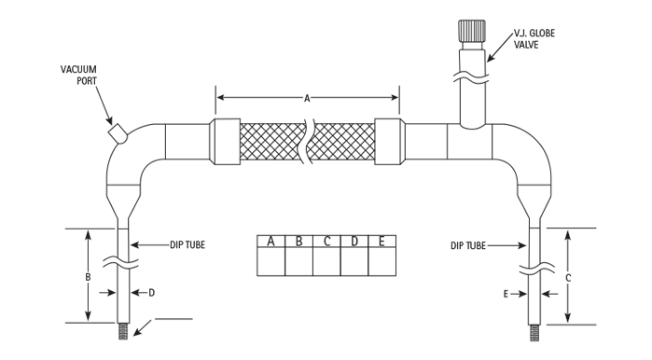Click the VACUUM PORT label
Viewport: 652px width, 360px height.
[78, 76]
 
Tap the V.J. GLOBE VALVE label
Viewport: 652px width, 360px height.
[534, 39]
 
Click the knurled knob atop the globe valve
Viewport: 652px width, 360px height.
[472, 31]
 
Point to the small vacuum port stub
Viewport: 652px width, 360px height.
[118, 133]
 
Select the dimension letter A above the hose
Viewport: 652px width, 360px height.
[307, 99]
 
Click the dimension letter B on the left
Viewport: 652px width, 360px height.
[89, 277]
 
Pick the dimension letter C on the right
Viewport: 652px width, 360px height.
[568, 278]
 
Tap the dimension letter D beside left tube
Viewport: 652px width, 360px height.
[152, 293]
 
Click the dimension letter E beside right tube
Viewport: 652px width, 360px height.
[506, 295]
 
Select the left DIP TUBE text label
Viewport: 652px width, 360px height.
[187, 245]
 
